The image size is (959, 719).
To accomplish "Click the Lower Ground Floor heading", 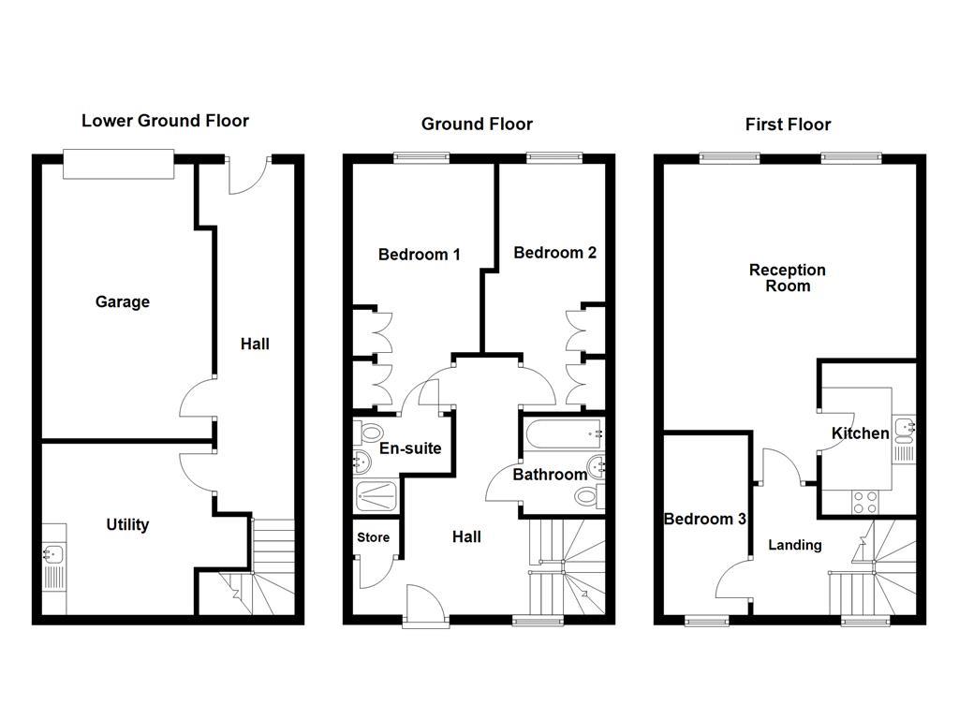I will [x=165, y=121].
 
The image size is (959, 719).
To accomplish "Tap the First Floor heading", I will [x=788, y=125].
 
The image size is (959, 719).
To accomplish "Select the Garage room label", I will [x=123, y=302].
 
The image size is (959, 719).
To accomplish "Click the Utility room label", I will [x=127, y=525].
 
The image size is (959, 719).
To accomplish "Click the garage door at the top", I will [x=118, y=165].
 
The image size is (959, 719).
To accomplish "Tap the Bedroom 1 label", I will [x=419, y=255].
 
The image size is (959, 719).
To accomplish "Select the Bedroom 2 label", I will [x=554, y=253].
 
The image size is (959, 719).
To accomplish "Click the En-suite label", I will [x=410, y=448].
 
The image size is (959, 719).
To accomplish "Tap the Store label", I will [x=373, y=537].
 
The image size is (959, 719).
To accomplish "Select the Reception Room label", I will [x=788, y=278].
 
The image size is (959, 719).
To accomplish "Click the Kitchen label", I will [x=861, y=433].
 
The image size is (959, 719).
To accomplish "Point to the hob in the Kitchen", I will [x=864, y=503].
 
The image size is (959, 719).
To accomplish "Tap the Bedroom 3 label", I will [x=704, y=519].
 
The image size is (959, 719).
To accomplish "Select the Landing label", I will [x=795, y=545].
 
